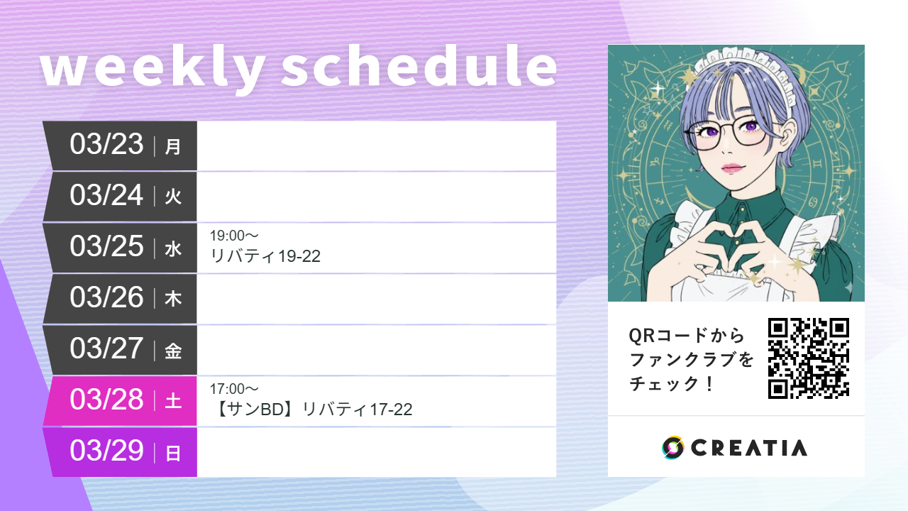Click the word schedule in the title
tap(419, 67)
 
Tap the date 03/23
tap(106, 145)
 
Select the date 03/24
tap(106, 196)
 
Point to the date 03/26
tap(106, 298)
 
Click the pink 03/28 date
tap(106, 400)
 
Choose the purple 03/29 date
tap(106, 451)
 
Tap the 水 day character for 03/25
tap(173, 249)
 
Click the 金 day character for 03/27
tap(173, 351)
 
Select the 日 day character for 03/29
tap(173, 454)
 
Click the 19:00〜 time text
tap(234, 236)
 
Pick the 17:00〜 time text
tap(234, 389)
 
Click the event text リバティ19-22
tap(266, 256)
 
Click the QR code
tap(809, 358)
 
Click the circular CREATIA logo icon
tap(672, 448)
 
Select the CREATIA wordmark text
tap(748, 448)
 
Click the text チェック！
tap(671, 385)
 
